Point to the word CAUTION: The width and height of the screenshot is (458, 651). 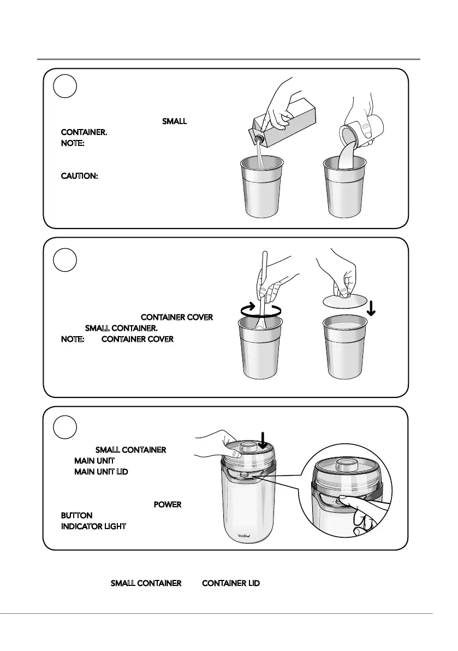point(79,178)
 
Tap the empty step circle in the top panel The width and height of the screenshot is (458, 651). point(65,86)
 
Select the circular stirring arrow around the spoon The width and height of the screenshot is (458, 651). point(261,309)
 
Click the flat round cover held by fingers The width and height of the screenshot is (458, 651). point(343,302)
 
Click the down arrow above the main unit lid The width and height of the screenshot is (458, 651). point(263,438)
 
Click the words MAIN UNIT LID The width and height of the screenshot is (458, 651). point(101,471)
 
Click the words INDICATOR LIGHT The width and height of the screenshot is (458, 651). point(93,526)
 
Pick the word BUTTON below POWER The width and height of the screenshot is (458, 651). point(76,515)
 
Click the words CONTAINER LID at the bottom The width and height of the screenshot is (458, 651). point(231,584)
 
